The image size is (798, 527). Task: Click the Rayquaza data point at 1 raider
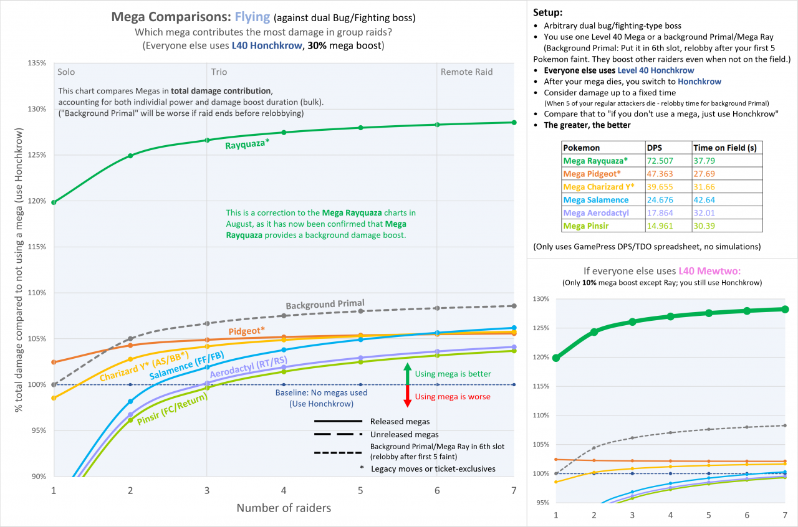point(54,202)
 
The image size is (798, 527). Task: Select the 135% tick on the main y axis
point(37,63)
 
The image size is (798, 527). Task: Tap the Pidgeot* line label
point(246,330)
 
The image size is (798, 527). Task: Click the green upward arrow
point(406,373)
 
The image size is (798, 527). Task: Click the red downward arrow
point(406,396)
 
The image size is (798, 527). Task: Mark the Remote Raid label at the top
point(466,72)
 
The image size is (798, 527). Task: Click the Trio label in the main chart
point(219,72)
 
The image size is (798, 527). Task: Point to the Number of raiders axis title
point(284,508)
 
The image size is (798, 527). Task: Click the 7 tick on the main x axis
point(514,490)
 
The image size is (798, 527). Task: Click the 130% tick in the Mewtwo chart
point(540,299)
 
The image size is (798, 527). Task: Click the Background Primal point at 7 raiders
point(514,306)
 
